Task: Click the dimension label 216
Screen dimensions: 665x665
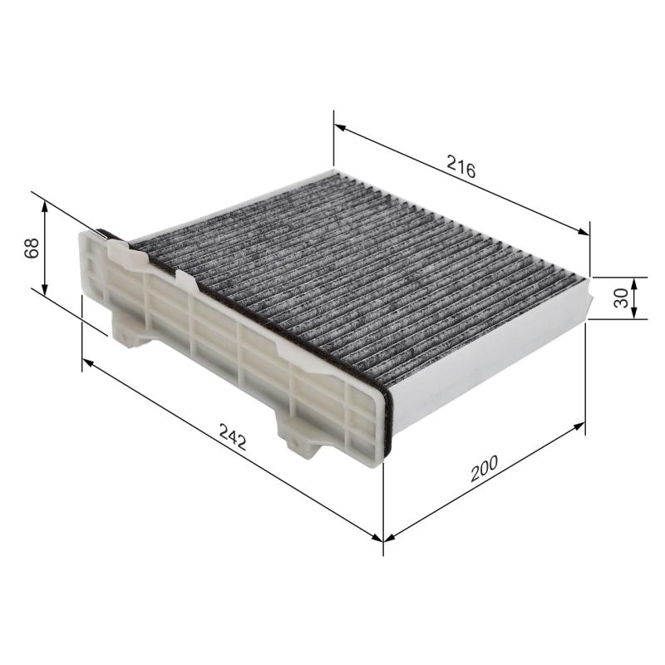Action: tap(460, 168)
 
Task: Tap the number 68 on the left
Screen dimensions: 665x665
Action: tap(32, 248)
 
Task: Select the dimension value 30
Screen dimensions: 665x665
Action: tap(620, 298)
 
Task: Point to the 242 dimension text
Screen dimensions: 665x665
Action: tap(233, 436)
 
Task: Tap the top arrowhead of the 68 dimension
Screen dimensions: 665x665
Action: tap(46, 204)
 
